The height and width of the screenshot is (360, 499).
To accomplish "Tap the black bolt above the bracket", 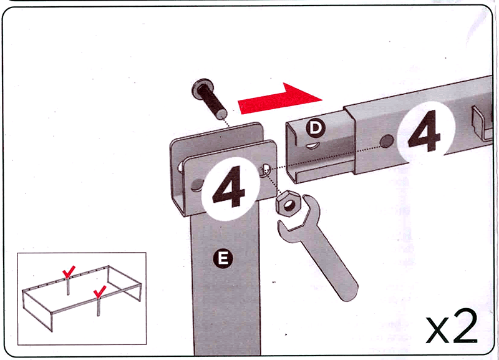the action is click(x=210, y=99).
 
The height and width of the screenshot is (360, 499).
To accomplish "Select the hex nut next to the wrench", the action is click(x=288, y=204).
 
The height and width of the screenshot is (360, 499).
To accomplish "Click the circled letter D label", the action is click(x=316, y=128).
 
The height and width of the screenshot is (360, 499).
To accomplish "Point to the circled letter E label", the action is click(x=223, y=258).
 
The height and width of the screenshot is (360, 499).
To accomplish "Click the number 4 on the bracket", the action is click(x=229, y=188).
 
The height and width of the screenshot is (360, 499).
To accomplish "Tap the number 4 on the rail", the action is click(x=424, y=131).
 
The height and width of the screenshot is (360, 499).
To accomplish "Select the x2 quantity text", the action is click(x=452, y=327).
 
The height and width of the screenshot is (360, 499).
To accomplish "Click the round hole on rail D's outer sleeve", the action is click(x=387, y=142).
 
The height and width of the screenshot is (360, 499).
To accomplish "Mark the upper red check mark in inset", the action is click(x=69, y=271).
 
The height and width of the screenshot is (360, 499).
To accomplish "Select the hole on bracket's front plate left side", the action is click(x=198, y=185).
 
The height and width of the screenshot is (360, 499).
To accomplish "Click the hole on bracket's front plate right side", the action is click(x=266, y=170).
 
